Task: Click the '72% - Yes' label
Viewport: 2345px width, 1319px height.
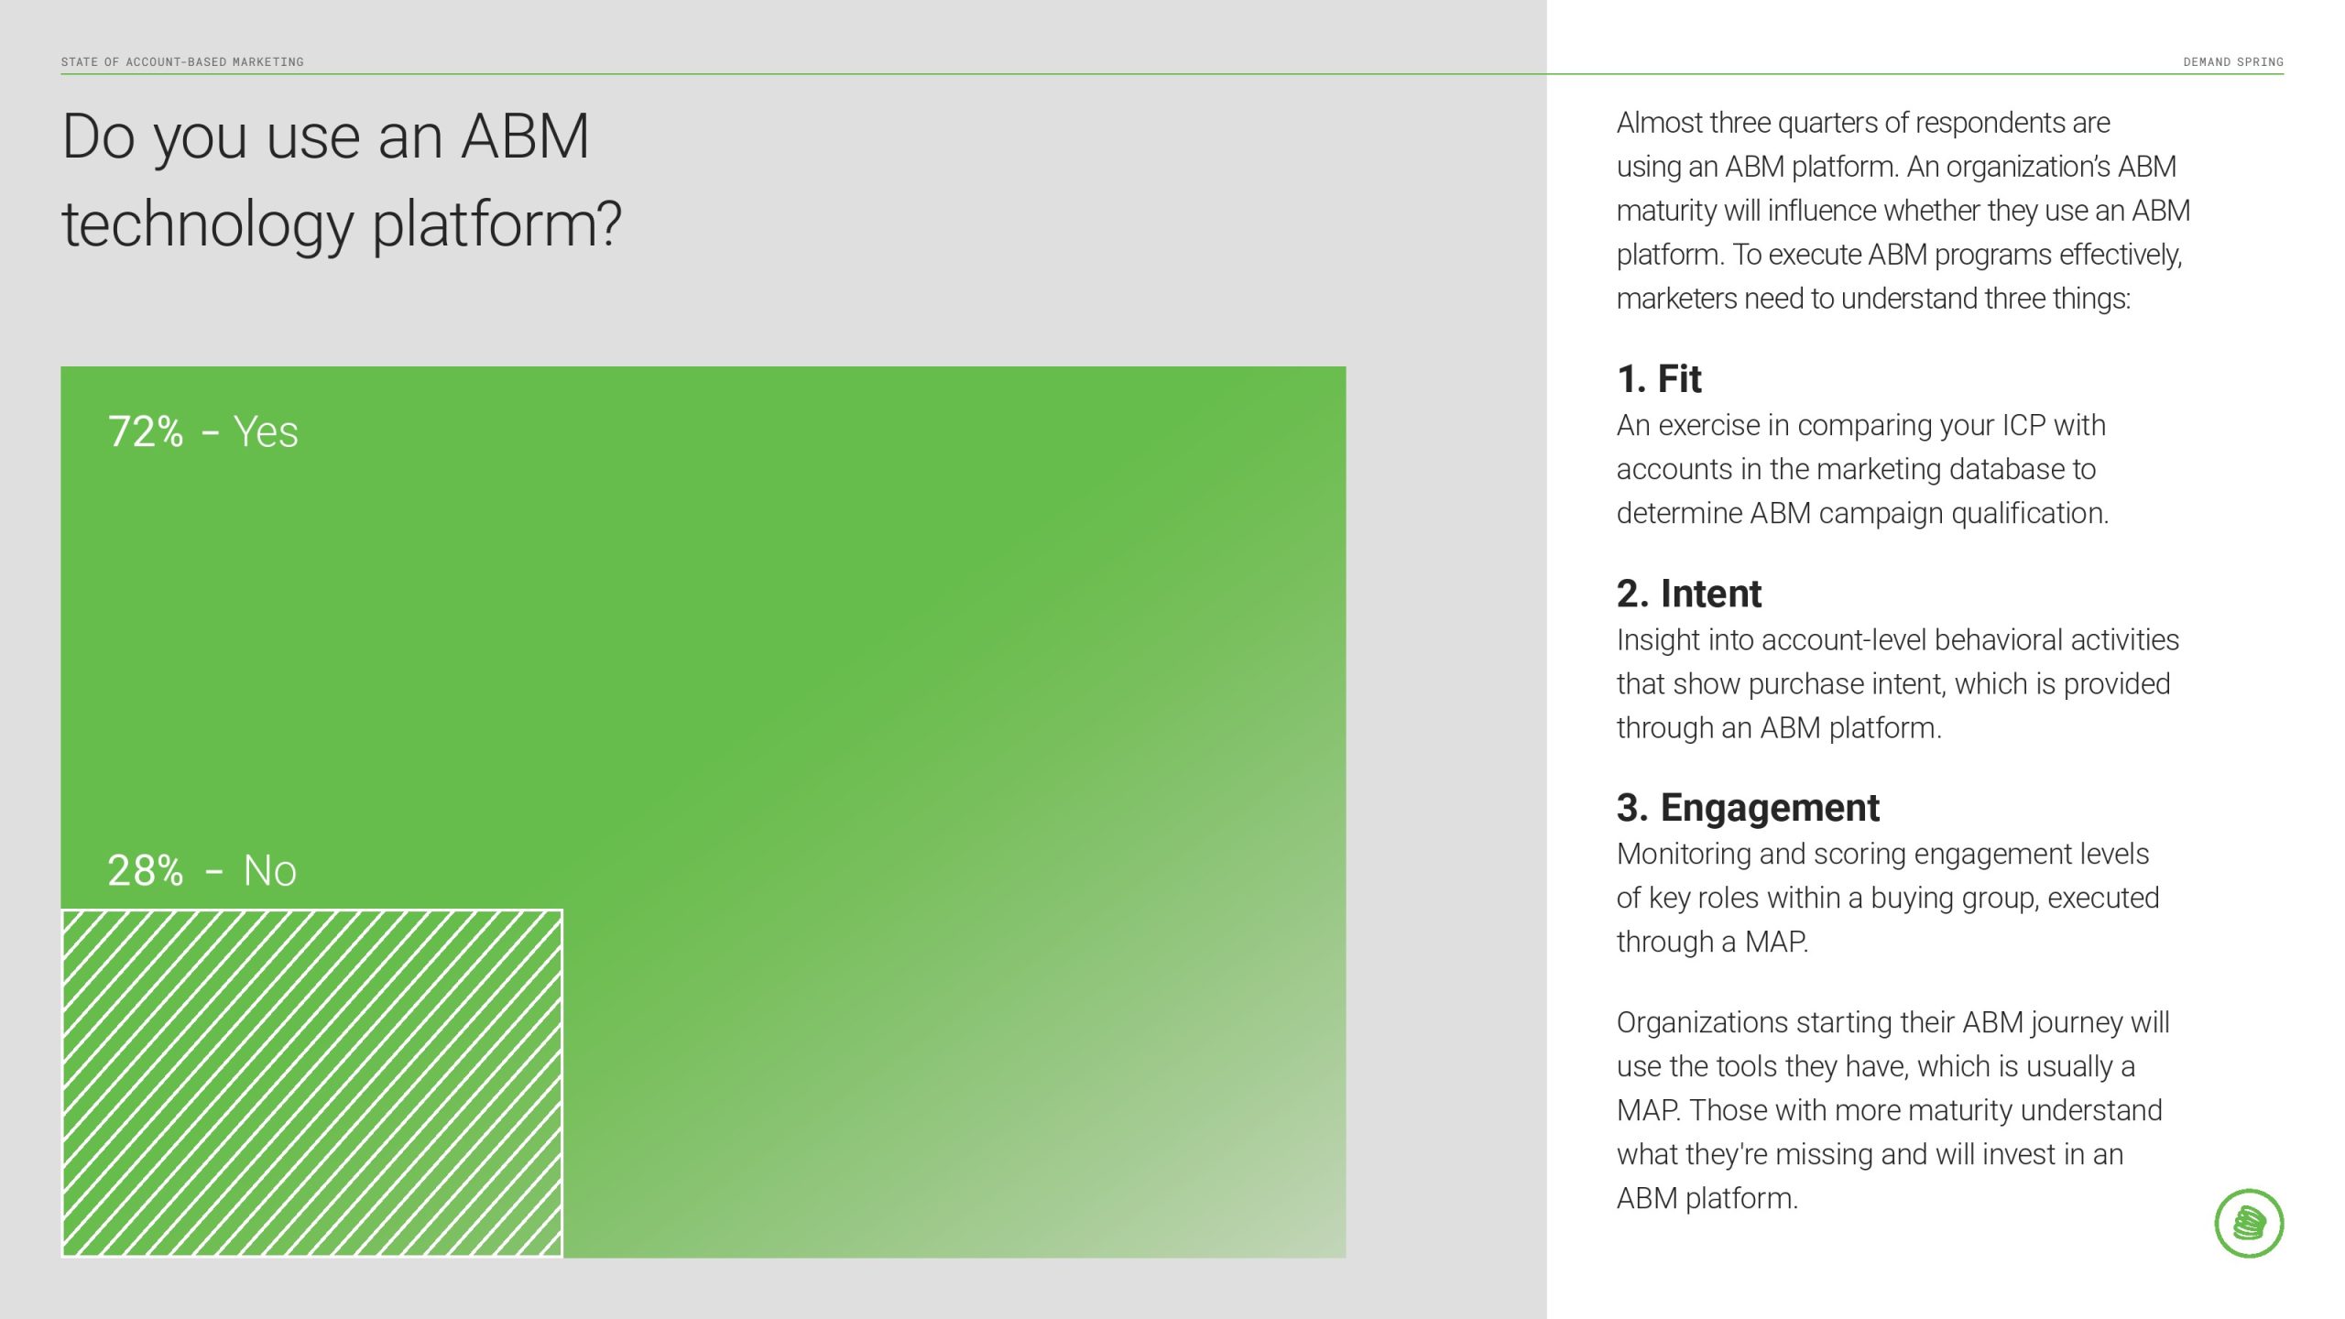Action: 202,431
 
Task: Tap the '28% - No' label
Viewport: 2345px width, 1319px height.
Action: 202,870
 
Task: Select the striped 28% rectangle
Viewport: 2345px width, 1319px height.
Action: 312,1083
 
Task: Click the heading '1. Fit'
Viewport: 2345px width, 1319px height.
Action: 1659,378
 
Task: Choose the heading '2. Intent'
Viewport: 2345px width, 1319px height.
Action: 1689,594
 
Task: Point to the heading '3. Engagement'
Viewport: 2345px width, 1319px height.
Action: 1748,808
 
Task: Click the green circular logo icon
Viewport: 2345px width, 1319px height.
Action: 2249,1223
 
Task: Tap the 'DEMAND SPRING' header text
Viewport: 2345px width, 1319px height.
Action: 2233,62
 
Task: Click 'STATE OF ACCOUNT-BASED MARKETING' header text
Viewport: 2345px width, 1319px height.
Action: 182,62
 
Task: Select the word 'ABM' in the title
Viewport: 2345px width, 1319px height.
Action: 525,136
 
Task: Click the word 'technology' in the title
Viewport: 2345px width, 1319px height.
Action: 208,225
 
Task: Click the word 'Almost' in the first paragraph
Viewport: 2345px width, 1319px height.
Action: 1659,123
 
